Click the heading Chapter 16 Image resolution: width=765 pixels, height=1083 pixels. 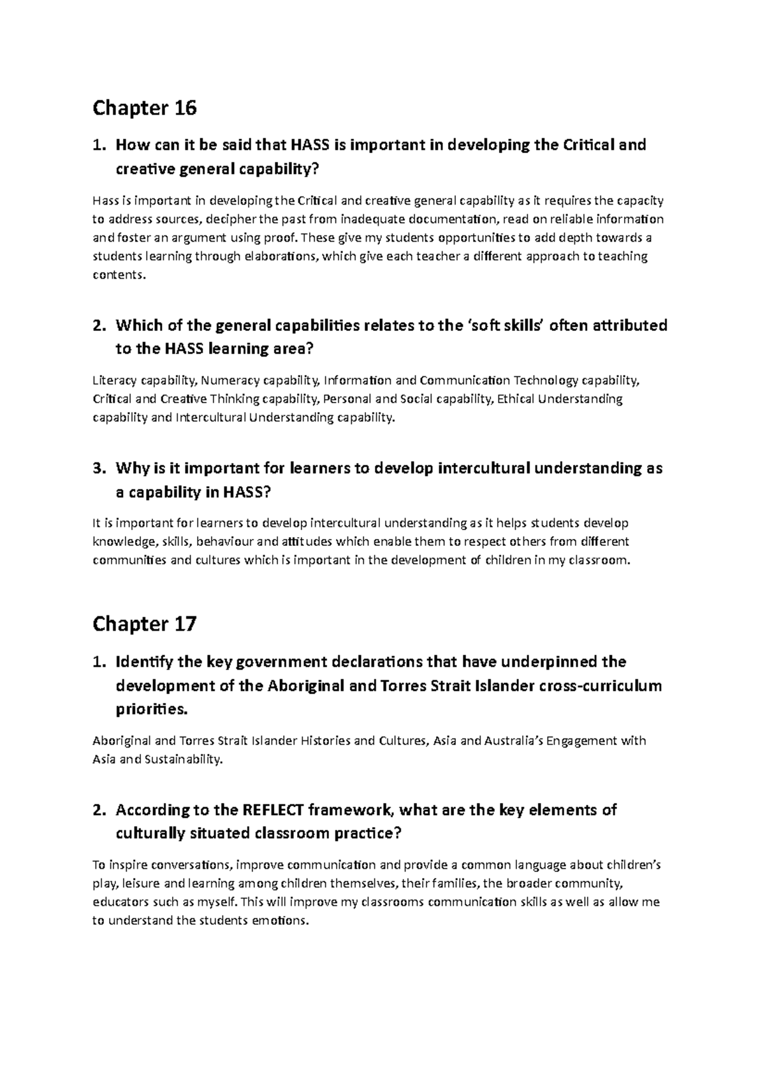[144, 108]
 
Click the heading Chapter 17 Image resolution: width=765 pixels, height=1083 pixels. [144, 624]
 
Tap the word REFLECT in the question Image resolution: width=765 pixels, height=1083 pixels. [273, 810]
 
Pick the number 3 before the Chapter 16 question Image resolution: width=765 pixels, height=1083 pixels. [97, 469]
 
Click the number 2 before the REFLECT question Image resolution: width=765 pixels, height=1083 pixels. [97, 811]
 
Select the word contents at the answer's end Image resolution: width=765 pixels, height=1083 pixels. [119, 276]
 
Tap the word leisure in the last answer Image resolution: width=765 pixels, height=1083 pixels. [140, 884]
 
